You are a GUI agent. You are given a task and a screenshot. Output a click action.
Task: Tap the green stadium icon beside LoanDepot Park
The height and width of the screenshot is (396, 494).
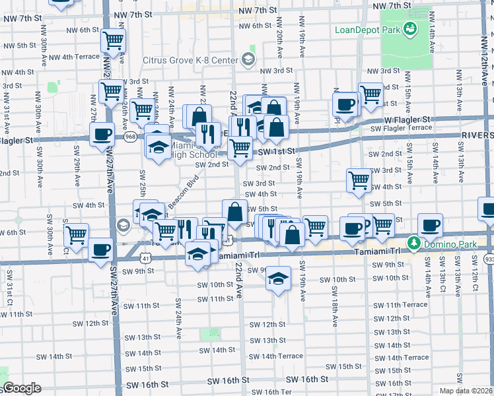point(410,28)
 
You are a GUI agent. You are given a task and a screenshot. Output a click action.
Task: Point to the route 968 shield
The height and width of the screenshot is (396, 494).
point(129,137)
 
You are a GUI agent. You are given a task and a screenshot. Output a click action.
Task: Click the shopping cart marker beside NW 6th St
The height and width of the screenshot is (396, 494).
point(113,40)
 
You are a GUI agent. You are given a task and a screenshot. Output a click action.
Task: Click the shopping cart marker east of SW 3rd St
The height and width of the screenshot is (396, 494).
point(359,178)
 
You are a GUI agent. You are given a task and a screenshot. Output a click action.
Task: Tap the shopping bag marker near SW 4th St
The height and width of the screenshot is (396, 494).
point(234,211)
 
